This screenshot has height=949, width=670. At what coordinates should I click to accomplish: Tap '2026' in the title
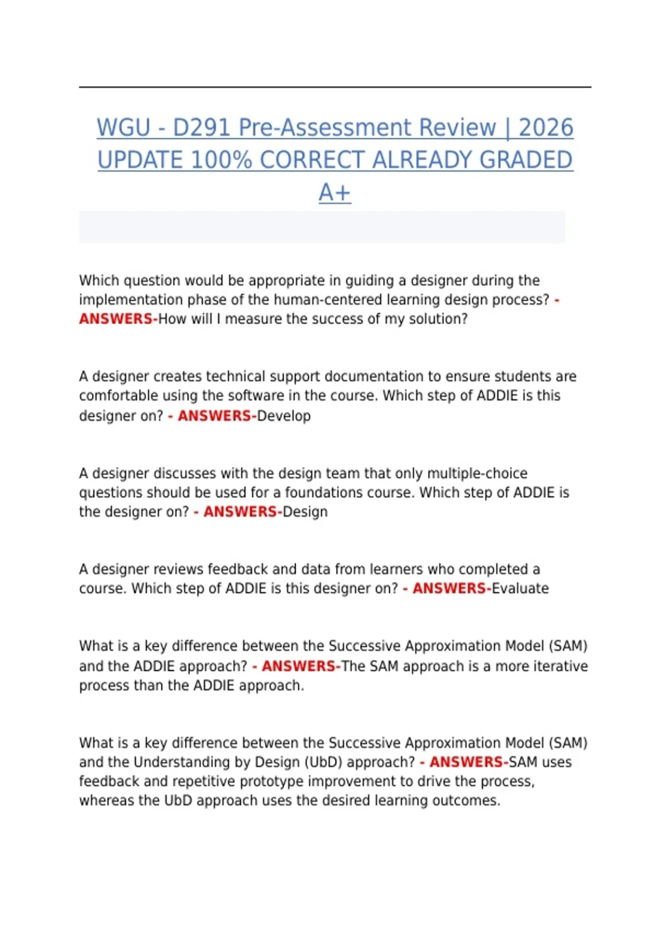(545, 128)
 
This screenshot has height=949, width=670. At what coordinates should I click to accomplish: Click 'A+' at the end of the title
(334, 193)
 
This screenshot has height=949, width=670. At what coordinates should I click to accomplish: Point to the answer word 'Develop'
(284, 416)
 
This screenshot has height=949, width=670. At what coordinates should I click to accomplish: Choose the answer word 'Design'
(305, 512)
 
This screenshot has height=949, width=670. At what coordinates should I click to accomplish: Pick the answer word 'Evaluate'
(520, 588)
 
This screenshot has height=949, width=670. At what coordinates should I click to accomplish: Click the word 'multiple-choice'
(477, 473)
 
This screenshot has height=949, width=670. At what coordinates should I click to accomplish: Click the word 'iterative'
(561, 666)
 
